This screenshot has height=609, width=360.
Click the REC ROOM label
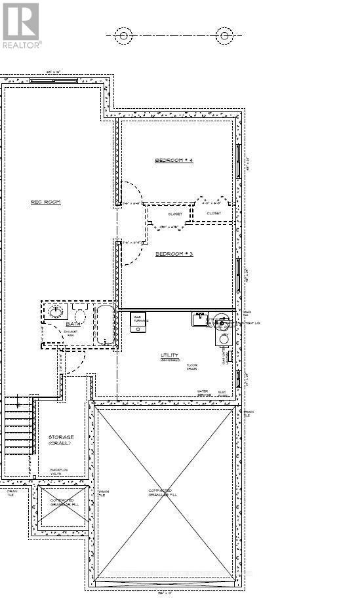pyautogui.click(x=46, y=202)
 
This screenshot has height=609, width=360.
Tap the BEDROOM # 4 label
pyautogui.click(x=174, y=161)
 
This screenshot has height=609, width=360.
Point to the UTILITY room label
pyautogui.click(x=169, y=356)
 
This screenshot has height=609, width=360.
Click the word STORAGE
pyautogui.click(x=61, y=437)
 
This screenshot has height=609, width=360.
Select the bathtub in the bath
pyautogui.click(x=105, y=324)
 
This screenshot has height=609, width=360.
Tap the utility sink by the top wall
pyautogui.click(x=199, y=320)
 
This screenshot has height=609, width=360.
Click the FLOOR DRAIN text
pyautogui.click(x=191, y=367)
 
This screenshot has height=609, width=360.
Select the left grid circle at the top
pyautogui.click(x=123, y=36)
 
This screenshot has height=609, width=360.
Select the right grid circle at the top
pyautogui.click(x=225, y=36)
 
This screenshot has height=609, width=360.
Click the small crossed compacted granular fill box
pyautogui.click(x=62, y=506)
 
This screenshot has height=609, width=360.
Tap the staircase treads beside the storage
pyautogui.click(x=19, y=429)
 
